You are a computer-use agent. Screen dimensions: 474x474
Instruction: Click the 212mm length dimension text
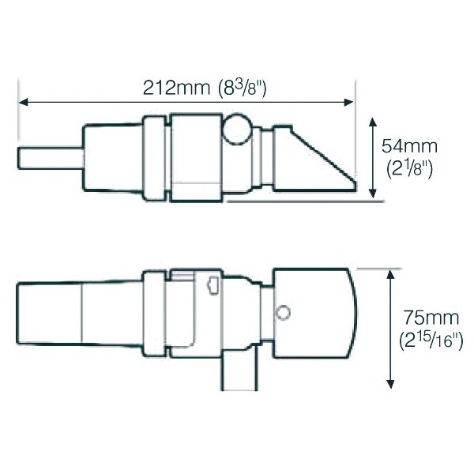click(x=176, y=88)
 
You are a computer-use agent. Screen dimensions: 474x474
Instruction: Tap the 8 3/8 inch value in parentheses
click(x=243, y=88)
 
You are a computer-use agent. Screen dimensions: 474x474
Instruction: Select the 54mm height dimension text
click(x=409, y=146)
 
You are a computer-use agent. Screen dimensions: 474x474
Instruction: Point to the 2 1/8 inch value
click(x=410, y=169)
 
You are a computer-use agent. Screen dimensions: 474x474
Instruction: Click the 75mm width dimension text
click(x=431, y=318)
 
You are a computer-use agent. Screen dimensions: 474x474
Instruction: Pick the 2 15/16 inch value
click(x=431, y=340)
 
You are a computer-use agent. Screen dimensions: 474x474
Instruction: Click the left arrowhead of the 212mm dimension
click(x=24, y=102)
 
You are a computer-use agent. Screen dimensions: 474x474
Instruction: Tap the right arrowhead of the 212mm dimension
click(x=348, y=102)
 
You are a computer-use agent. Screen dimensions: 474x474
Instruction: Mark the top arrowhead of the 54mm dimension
click(x=373, y=122)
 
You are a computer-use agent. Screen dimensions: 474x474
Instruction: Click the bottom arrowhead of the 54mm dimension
click(x=373, y=193)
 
